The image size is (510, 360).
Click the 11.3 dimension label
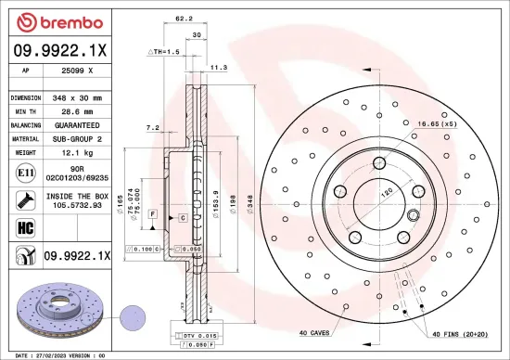tap(220, 68)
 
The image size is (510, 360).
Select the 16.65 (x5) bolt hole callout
tap(435, 123)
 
